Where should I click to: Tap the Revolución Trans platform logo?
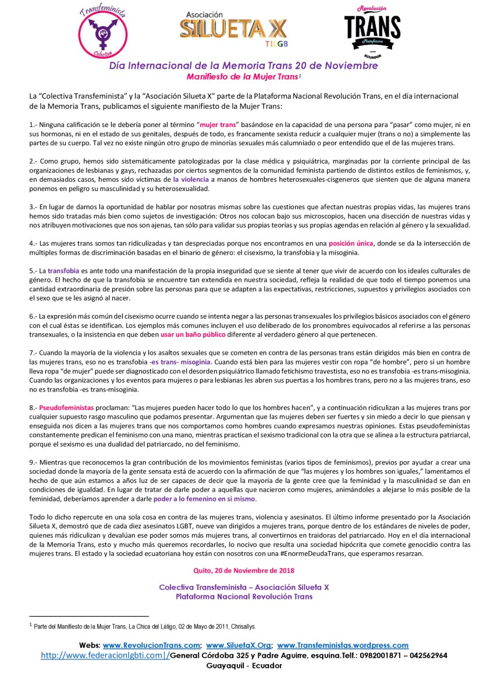click(x=372, y=31)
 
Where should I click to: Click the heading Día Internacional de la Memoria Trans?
click(x=243, y=65)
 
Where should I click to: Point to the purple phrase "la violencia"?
click(x=190, y=180)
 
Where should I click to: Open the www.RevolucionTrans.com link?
click(x=151, y=645)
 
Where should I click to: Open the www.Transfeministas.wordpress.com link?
click(x=343, y=645)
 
